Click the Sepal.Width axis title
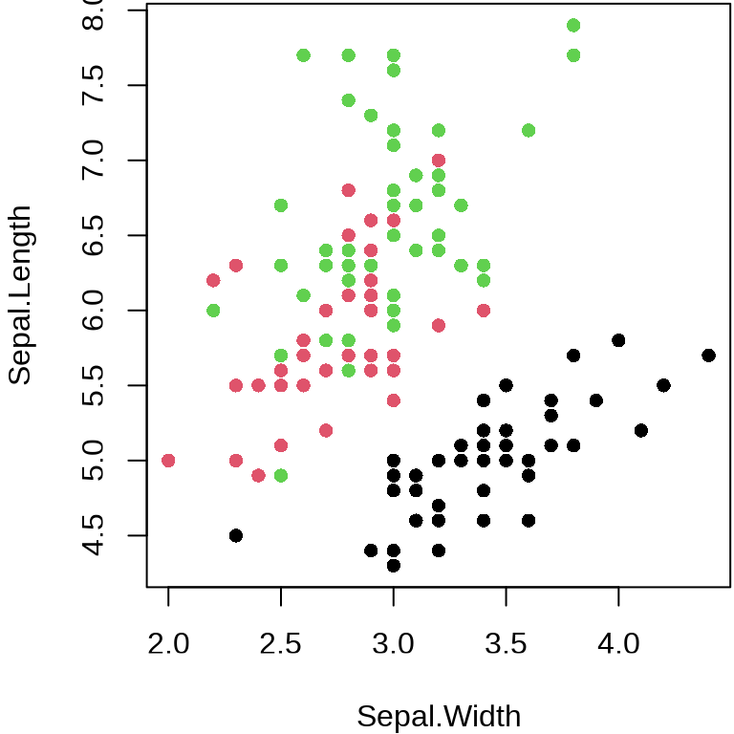pos(439,716)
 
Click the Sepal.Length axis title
pos(20,295)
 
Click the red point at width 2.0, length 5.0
pos(168,461)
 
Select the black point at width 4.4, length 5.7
pos(708,356)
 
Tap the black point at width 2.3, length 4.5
pos(236,535)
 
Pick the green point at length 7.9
pos(573,25)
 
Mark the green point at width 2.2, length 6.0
pos(213,311)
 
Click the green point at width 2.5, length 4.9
pos(281,475)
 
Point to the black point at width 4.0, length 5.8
pos(618,340)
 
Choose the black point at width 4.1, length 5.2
pos(641,430)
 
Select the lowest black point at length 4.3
pos(393,565)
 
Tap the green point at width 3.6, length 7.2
pos(529,130)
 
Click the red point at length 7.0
pos(439,161)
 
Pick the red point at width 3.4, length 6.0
pos(484,311)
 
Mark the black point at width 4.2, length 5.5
pos(663,385)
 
